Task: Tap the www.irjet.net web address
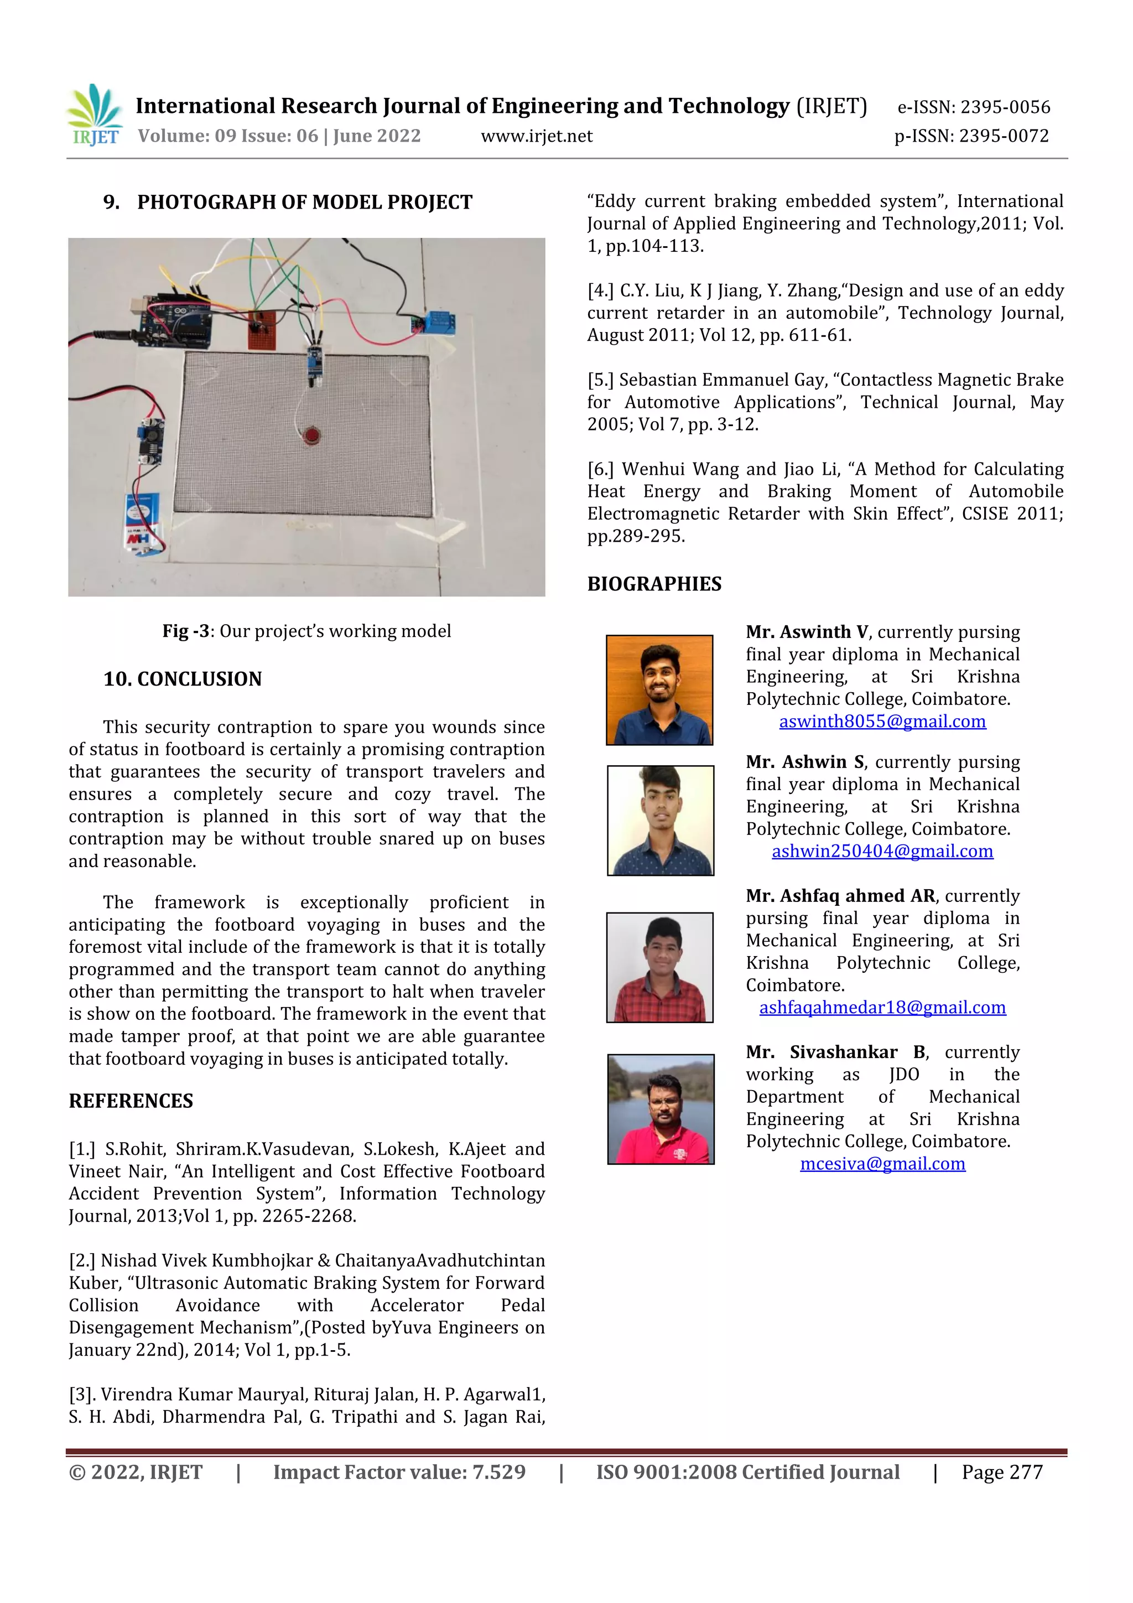coord(536,136)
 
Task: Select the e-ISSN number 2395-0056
coord(973,107)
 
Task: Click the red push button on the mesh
coord(311,437)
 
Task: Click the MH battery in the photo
coord(143,520)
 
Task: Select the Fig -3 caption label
coord(186,631)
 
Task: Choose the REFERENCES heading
coord(131,1101)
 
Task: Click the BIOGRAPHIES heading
coord(654,584)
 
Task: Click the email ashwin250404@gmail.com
coord(882,851)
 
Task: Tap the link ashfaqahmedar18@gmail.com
coord(882,1008)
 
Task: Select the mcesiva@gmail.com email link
coord(882,1164)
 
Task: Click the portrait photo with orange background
coord(659,690)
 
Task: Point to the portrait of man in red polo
coord(661,1109)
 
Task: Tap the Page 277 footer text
coord(1002,1472)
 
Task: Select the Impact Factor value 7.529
coord(399,1472)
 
